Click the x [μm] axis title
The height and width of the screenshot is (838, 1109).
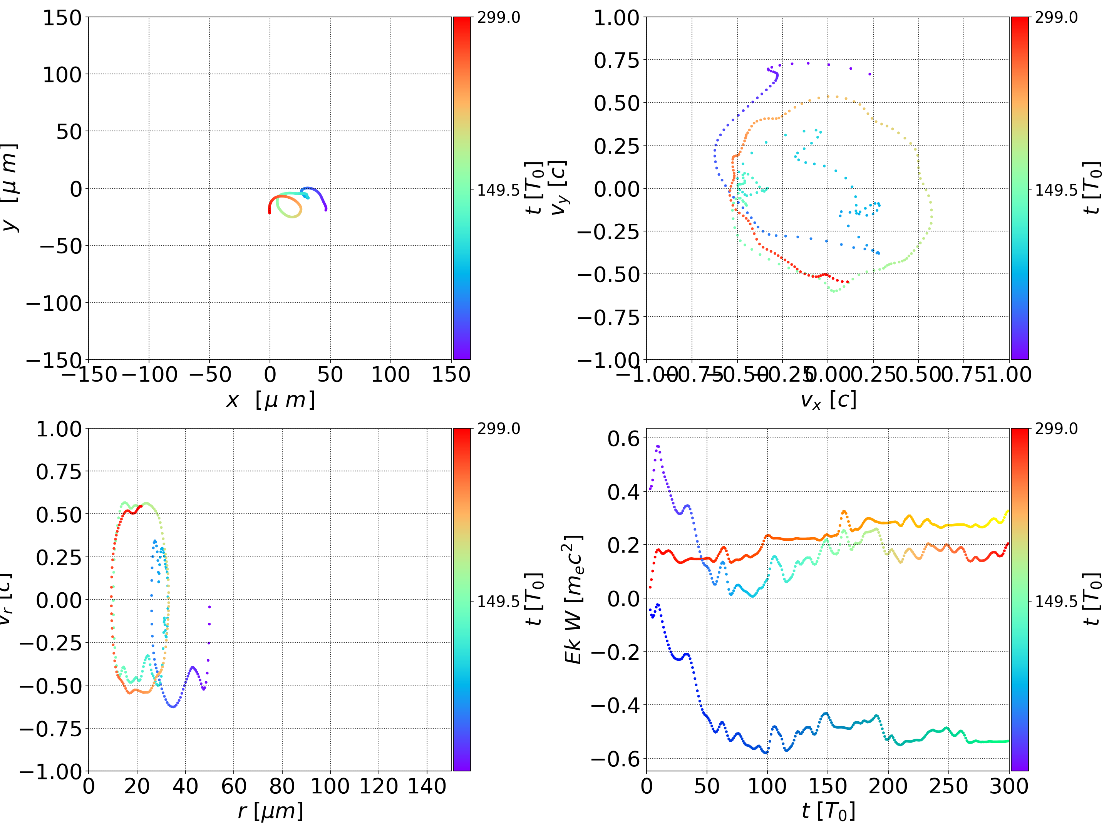pyautogui.click(x=270, y=400)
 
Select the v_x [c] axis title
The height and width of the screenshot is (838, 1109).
pyautogui.click(x=828, y=400)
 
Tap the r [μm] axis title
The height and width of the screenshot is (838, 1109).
pyautogui.click(x=270, y=811)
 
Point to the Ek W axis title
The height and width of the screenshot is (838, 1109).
pyautogui.click(x=573, y=599)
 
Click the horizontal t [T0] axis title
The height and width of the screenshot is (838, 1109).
pyautogui.click(x=828, y=811)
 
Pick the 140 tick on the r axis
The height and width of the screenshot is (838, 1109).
pyautogui.click(x=427, y=786)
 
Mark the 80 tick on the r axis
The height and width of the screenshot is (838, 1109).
pyautogui.click(x=282, y=786)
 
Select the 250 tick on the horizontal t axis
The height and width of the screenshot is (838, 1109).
pyautogui.click(x=948, y=786)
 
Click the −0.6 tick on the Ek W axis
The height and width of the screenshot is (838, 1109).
pyautogui.click(x=615, y=759)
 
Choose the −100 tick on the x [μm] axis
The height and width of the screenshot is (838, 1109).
pyautogui.click(x=149, y=375)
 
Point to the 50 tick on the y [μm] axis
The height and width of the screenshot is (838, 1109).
pyautogui.click(x=69, y=132)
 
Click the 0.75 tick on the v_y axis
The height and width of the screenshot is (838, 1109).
pyautogui.click(x=616, y=60)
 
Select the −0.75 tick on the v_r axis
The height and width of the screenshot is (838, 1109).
pyautogui.click(x=50, y=729)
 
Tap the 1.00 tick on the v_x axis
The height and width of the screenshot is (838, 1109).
pyautogui.click(x=1009, y=375)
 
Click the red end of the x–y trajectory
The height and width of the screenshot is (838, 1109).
pyautogui.click(x=269, y=213)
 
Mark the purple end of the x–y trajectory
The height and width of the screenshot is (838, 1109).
pyautogui.click(x=326, y=209)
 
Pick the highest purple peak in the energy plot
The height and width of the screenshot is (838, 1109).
pyautogui.click(x=658, y=446)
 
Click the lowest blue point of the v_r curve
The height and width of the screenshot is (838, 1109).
pyautogui.click(x=173, y=707)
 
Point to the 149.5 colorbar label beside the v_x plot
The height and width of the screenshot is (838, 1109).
pyautogui.click(x=1056, y=190)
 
